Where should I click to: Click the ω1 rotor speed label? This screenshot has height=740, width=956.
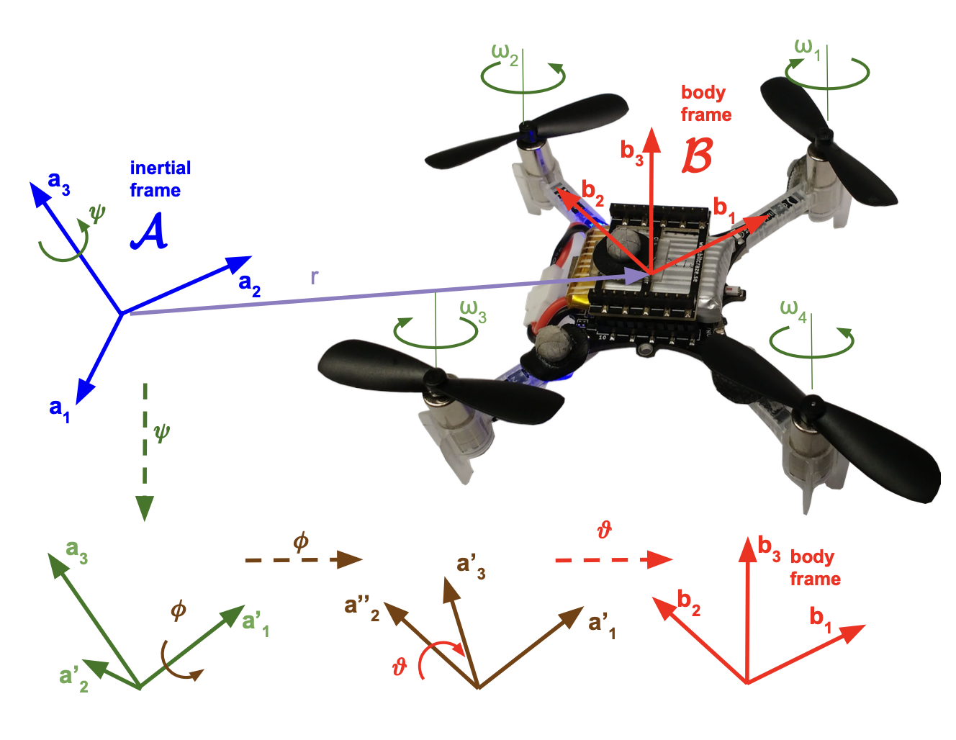click(x=807, y=48)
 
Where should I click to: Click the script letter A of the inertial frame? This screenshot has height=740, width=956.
click(x=149, y=232)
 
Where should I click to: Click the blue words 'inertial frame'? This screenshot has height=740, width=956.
click(x=159, y=179)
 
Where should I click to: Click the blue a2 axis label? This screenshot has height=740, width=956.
click(x=249, y=283)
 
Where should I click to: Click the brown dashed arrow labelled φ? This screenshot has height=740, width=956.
click(x=302, y=559)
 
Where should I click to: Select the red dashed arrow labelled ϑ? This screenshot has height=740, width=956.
click(x=613, y=559)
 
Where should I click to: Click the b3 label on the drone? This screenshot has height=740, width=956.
click(x=631, y=152)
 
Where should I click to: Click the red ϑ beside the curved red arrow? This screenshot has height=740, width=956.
click(x=400, y=667)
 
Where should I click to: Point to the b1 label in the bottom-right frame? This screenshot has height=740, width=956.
click(x=820, y=618)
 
